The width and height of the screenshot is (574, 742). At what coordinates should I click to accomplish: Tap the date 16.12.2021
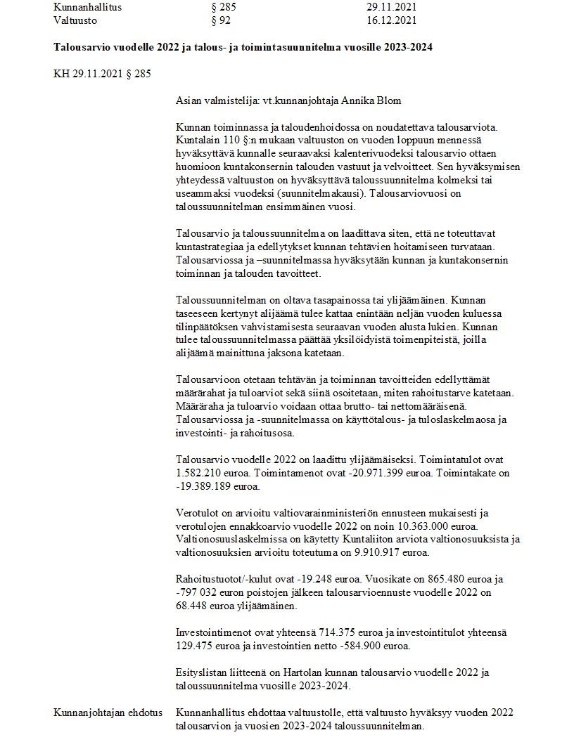pyautogui.click(x=393, y=20)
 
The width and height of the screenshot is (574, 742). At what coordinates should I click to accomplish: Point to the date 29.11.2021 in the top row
pyautogui.click(x=393, y=7)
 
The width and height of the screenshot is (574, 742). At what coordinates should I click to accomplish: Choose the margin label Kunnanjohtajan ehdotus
pyautogui.click(x=108, y=712)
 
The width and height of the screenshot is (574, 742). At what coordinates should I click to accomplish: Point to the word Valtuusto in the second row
pyautogui.click(x=77, y=20)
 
